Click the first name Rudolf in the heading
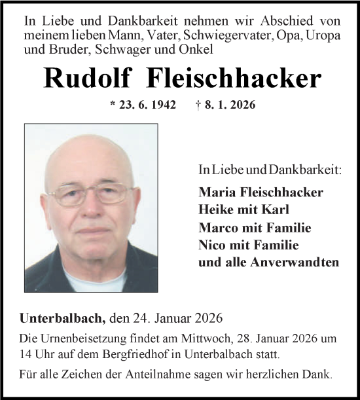point(82,79)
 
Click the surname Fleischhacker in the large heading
point(226,79)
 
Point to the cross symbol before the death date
point(198,105)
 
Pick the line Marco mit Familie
point(245,228)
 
